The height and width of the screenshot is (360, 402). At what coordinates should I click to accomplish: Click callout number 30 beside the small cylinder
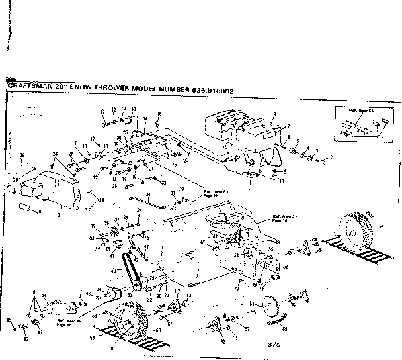tap(39, 211)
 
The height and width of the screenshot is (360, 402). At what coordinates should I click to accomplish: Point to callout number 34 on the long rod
tap(149, 195)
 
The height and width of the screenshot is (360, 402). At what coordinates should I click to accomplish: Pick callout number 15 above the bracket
tap(159, 115)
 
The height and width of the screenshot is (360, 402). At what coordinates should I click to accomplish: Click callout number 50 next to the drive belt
tap(113, 271)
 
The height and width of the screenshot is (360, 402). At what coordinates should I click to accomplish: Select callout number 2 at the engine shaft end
tap(331, 157)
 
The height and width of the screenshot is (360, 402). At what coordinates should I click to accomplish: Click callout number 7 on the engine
tap(288, 125)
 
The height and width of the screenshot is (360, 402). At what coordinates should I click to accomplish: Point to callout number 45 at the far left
tap(9, 320)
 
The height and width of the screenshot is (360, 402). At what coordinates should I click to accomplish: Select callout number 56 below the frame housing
tap(237, 290)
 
